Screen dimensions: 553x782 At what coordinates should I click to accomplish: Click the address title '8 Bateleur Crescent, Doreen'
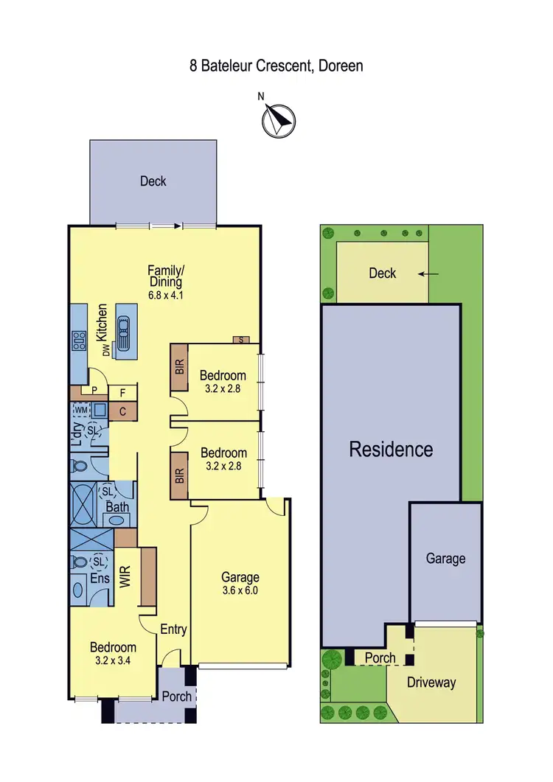point(276,66)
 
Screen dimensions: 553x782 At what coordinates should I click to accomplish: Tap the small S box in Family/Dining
point(240,340)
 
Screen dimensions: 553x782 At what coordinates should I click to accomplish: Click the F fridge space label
point(122,393)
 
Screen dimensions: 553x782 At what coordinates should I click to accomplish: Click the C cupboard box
point(122,412)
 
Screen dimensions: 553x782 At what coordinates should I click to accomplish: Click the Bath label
point(117,507)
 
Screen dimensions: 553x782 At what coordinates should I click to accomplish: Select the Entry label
point(173,629)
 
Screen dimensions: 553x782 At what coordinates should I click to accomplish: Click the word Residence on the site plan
point(391,449)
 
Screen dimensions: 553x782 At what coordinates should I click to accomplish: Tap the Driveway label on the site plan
point(431,682)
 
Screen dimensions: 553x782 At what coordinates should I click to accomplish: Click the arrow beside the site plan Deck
point(428,273)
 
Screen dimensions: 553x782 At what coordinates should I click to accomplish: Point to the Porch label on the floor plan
point(177,697)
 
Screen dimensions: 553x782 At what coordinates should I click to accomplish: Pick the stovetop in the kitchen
point(77,340)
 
